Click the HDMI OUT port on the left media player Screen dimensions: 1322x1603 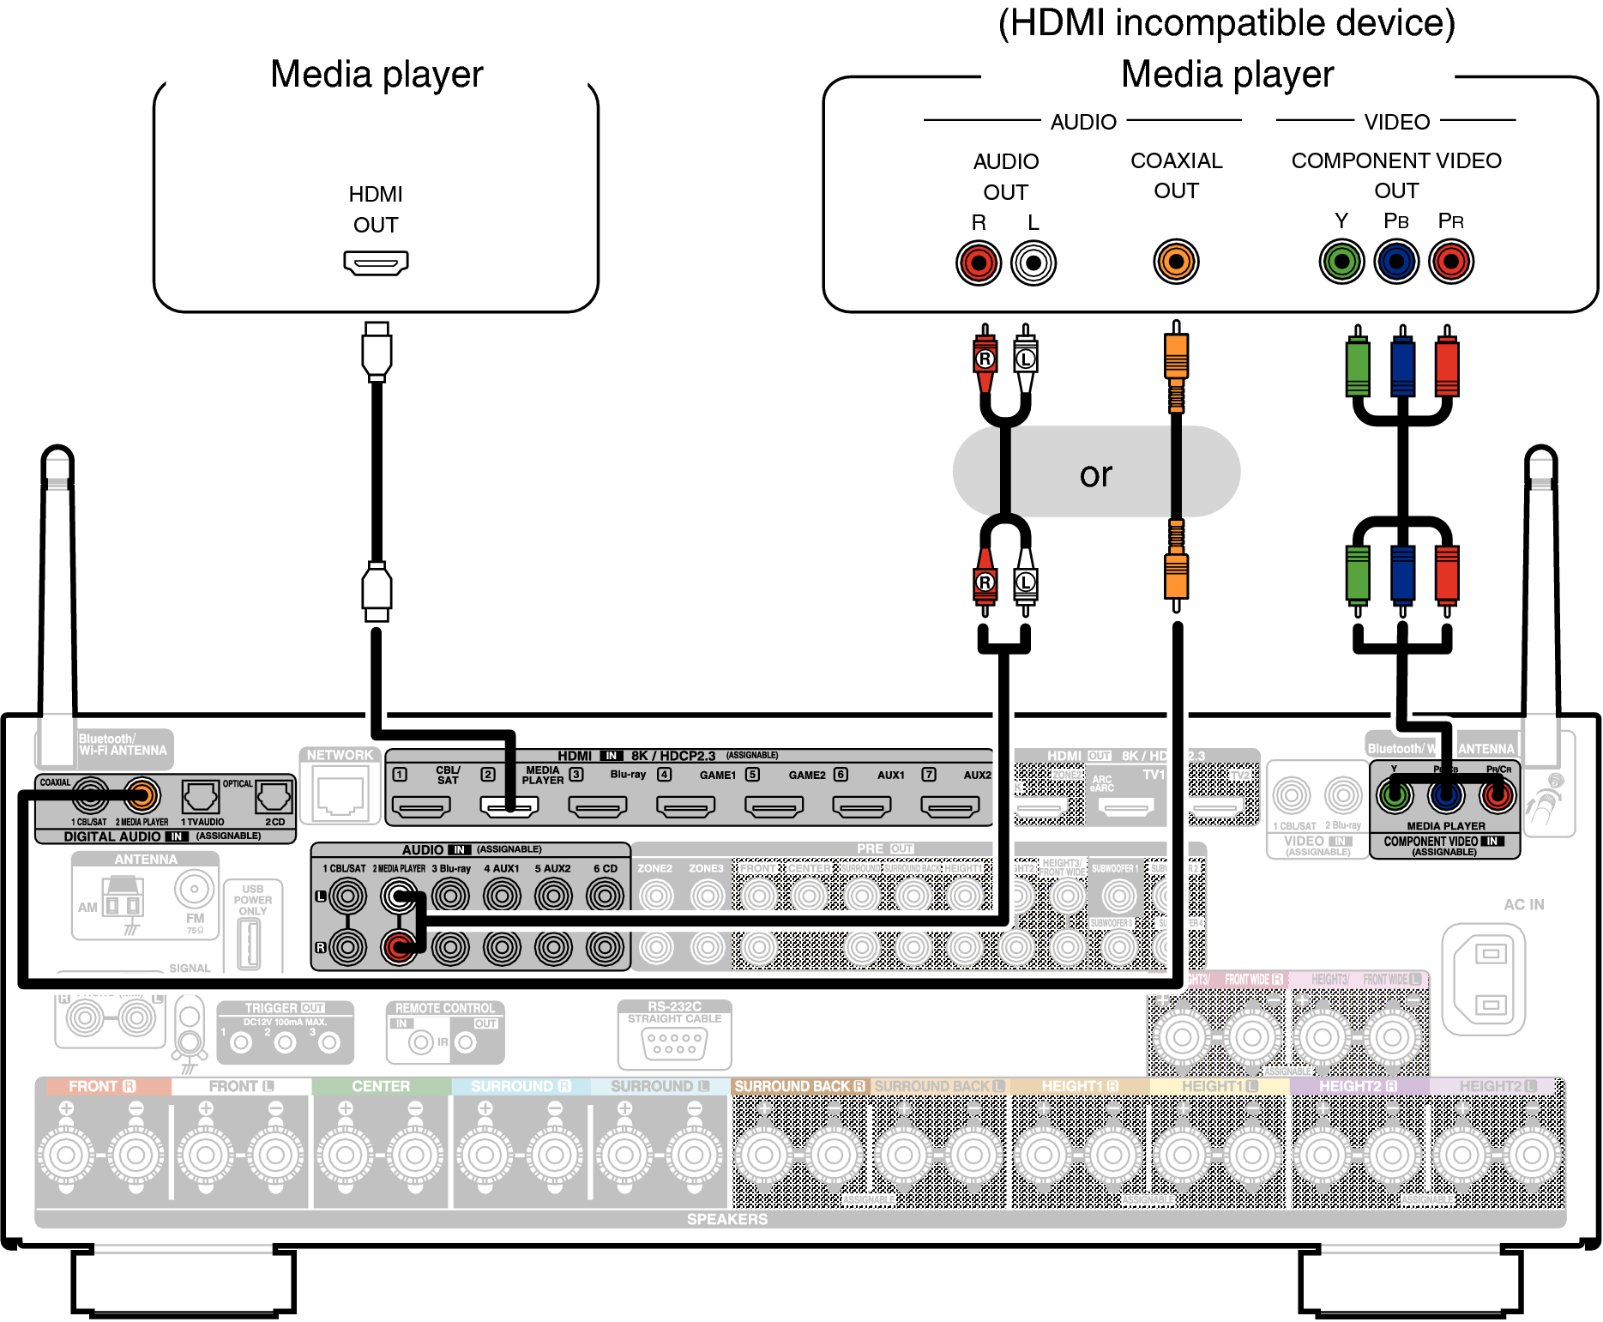(x=376, y=263)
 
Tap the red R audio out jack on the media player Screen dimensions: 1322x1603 (x=979, y=263)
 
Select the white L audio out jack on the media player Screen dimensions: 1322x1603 (x=1033, y=263)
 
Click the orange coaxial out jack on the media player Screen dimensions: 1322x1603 (x=1176, y=262)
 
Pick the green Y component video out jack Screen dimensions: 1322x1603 (x=1341, y=262)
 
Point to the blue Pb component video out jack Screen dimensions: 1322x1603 (x=1396, y=262)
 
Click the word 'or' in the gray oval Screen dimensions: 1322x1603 (x=1095, y=474)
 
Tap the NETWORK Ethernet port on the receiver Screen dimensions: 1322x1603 (x=340, y=795)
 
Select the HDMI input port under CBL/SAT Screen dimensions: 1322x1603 (x=421, y=806)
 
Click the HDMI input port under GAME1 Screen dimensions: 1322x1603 (x=686, y=806)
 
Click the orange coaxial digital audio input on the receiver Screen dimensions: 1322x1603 (x=142, y=796)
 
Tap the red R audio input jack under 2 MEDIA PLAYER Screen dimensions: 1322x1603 (x=399, y=947)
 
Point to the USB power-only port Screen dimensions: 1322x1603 (x=249, y=943)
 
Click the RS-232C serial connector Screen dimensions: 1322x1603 (x=674, y=1043)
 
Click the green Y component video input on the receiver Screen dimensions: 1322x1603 (x=1395, y=797)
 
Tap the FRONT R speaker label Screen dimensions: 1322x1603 (x=102, y=1086)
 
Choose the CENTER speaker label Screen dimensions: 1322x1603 (x=381, y=1086)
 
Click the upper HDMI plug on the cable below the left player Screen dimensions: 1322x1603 (x=377, y=352)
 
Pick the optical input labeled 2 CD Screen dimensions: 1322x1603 (x=274, y=797)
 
